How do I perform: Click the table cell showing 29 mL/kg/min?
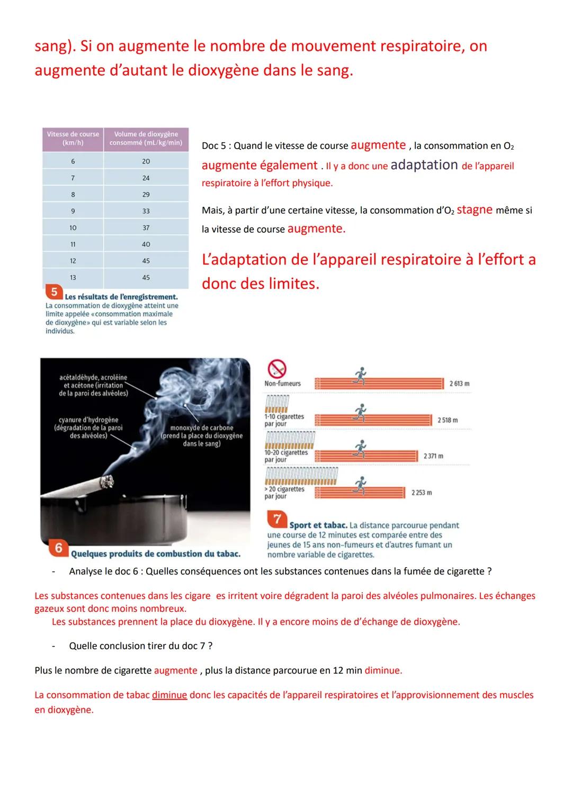point(146,195)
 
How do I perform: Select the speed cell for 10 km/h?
point(73,228)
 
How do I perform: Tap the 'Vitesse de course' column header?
point(73,139)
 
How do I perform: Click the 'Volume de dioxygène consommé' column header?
point(146,139)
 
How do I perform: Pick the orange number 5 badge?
point(54,292)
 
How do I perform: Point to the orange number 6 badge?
point(59,548)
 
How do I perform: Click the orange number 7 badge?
point(277,519)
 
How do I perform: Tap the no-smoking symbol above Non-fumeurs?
point(276,368)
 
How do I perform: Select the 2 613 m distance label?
point(459,384)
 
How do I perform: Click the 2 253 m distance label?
point(422,493)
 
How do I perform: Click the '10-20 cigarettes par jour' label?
point(286,456)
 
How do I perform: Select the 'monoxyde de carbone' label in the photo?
point(202,435)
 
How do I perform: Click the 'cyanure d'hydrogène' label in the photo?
point(88,428)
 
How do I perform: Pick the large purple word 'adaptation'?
point(424,165)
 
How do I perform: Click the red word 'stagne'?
point(475,210)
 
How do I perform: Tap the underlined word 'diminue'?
point(169,695)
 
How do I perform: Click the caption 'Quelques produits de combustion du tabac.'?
point(156,554)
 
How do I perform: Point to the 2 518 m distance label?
point(448,420)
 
